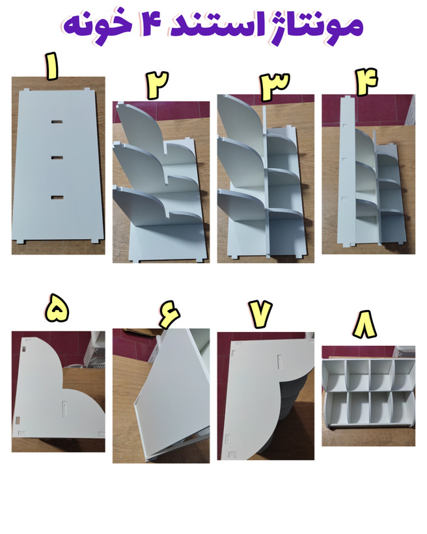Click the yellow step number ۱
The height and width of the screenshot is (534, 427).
pos(52,66)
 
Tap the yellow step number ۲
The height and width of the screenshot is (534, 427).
pos(158,85)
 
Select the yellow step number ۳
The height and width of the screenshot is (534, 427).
pos(275,87)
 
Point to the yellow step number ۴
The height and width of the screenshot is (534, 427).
pos(366,82)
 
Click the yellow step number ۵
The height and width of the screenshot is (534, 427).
pos(57,308)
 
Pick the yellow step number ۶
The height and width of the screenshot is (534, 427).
pos(169,314)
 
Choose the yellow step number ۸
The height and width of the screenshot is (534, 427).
pos(365,324)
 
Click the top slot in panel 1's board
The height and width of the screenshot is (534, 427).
pos(57,122)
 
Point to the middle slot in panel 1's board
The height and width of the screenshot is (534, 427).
pos(57,158)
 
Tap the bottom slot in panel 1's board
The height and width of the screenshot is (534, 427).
pos(57,197)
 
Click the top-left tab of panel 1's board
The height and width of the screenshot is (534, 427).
pos(25,91)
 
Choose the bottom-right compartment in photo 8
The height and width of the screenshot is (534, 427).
pos(403,408)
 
